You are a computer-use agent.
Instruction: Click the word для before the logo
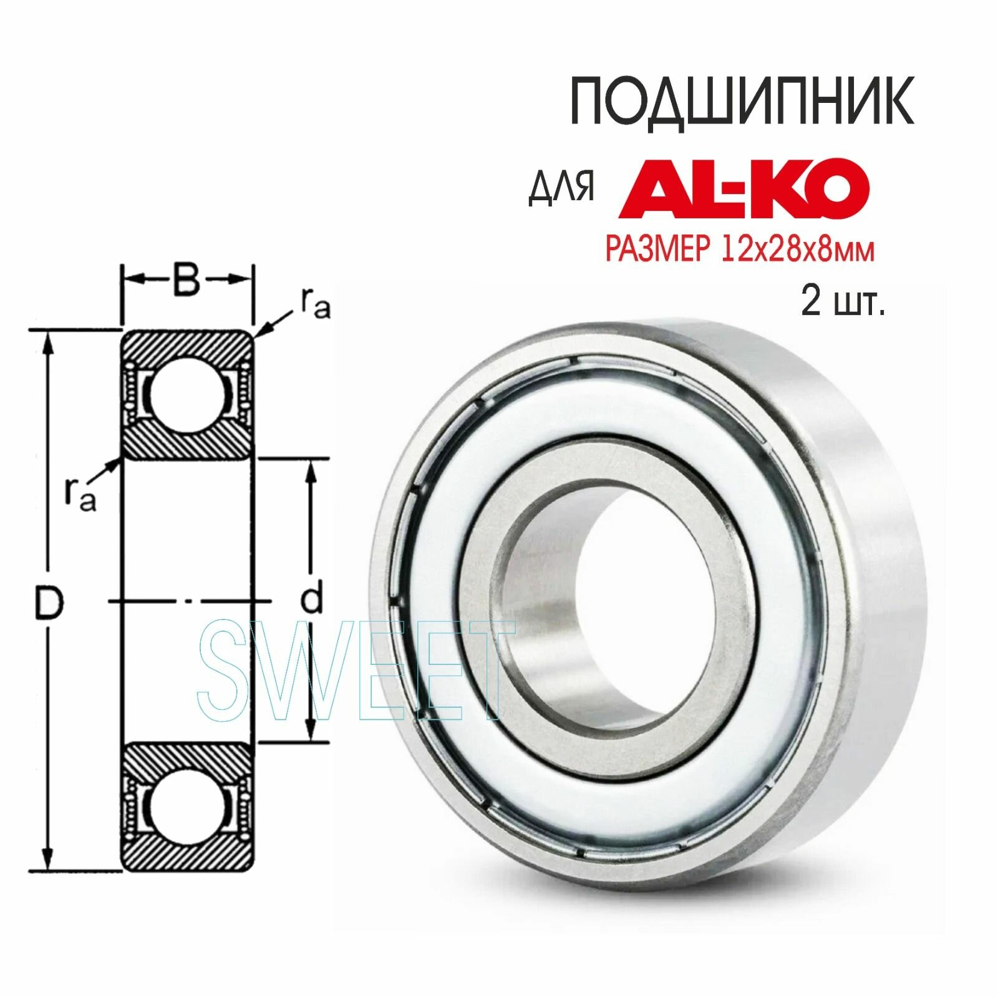(561, 192)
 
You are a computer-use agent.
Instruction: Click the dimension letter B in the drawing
(187, 281)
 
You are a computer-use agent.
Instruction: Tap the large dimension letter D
(48, 603)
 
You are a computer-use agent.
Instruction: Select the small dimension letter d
(311, 600)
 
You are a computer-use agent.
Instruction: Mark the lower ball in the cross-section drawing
(187, 805)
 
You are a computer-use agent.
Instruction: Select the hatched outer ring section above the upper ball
(187, 344)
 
